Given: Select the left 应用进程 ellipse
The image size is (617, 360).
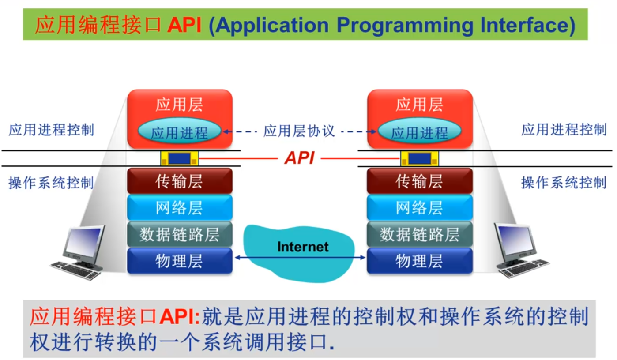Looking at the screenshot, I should point(179,131).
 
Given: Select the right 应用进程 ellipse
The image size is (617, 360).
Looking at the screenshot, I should point(419,131).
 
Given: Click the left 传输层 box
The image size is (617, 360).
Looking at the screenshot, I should point(179,181).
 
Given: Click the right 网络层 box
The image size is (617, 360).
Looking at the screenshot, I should point(419,207).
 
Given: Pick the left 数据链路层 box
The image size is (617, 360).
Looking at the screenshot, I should point(179,234).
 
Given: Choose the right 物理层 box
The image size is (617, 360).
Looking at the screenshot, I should point(419,261).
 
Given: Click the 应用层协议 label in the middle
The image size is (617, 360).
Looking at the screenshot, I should point(299,131).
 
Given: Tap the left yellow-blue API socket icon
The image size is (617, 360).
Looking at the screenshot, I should point(179,158).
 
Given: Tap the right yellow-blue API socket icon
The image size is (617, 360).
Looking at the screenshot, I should point(419,158).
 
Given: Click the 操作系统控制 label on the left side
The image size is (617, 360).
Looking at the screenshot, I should point(51,183).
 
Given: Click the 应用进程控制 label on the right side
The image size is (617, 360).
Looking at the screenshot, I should point(564,130).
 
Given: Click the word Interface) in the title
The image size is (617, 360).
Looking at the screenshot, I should point(527,26).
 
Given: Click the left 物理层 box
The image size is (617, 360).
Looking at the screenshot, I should point(179,261).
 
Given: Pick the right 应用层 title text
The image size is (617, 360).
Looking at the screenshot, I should point(419,105).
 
